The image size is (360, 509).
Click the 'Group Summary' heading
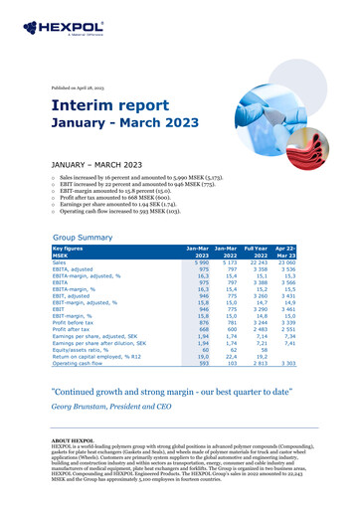point(84,241)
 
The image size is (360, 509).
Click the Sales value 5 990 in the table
point(200,263)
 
